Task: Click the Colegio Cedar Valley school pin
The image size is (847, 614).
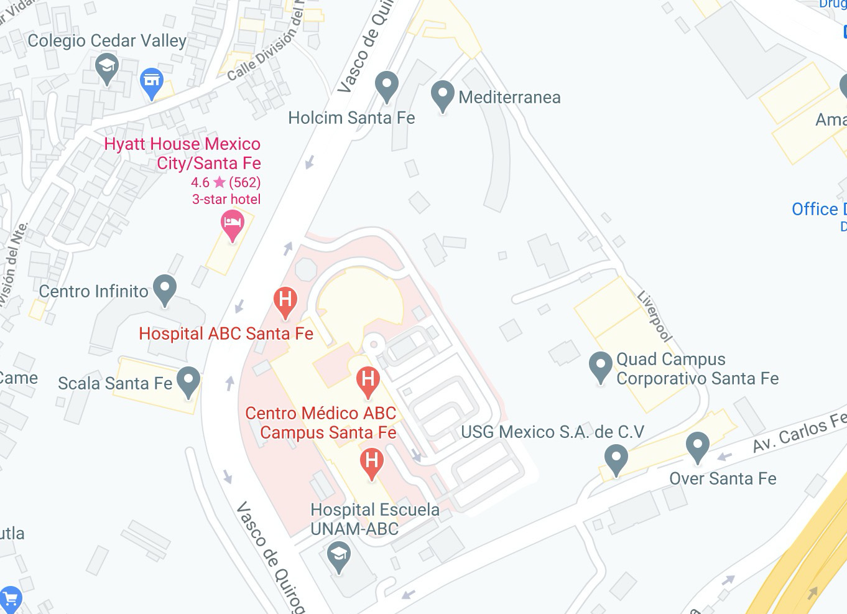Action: tap(107, 67)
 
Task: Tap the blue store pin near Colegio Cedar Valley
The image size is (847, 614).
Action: tap(152, 81)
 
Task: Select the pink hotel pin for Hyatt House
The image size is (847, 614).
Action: tap(233, 225)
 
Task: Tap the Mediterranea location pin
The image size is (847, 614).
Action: tap(442, 95)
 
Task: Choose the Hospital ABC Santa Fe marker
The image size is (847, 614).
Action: tap(285, 301)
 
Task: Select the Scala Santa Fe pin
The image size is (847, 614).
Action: tap(188, 381)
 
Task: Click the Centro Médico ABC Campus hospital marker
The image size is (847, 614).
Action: tap(368, 380)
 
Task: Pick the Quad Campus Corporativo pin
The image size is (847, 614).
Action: tap(600, 366)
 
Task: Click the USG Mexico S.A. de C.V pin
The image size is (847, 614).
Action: tap(616, 459)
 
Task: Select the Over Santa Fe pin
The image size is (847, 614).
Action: tap(698, 446)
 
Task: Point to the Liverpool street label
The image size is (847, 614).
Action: tap(655, 316)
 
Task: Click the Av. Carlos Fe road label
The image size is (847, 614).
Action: tap(799, 432)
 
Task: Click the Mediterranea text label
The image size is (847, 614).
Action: tap(509, 98)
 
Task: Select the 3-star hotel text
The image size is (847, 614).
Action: tap(226, 199)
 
